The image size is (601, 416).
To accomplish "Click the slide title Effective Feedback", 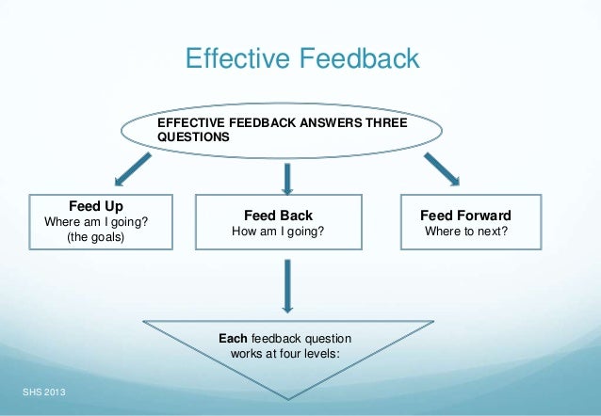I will (x=301, y=59).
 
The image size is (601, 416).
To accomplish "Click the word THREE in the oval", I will (x=408, y=122).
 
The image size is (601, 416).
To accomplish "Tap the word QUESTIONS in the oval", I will (x=192, y=136).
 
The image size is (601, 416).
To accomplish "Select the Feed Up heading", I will (x=96, y=205).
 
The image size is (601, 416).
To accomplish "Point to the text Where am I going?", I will (x=96, y=221).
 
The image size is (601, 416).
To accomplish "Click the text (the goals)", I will (x=96, y=237).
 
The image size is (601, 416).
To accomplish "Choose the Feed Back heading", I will (x=278, y=216).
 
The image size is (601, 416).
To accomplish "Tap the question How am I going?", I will (x=278, y=232).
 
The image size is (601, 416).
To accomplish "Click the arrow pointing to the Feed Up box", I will (x=132, y=170).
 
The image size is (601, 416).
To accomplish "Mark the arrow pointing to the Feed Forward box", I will (x=440, y=169).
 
